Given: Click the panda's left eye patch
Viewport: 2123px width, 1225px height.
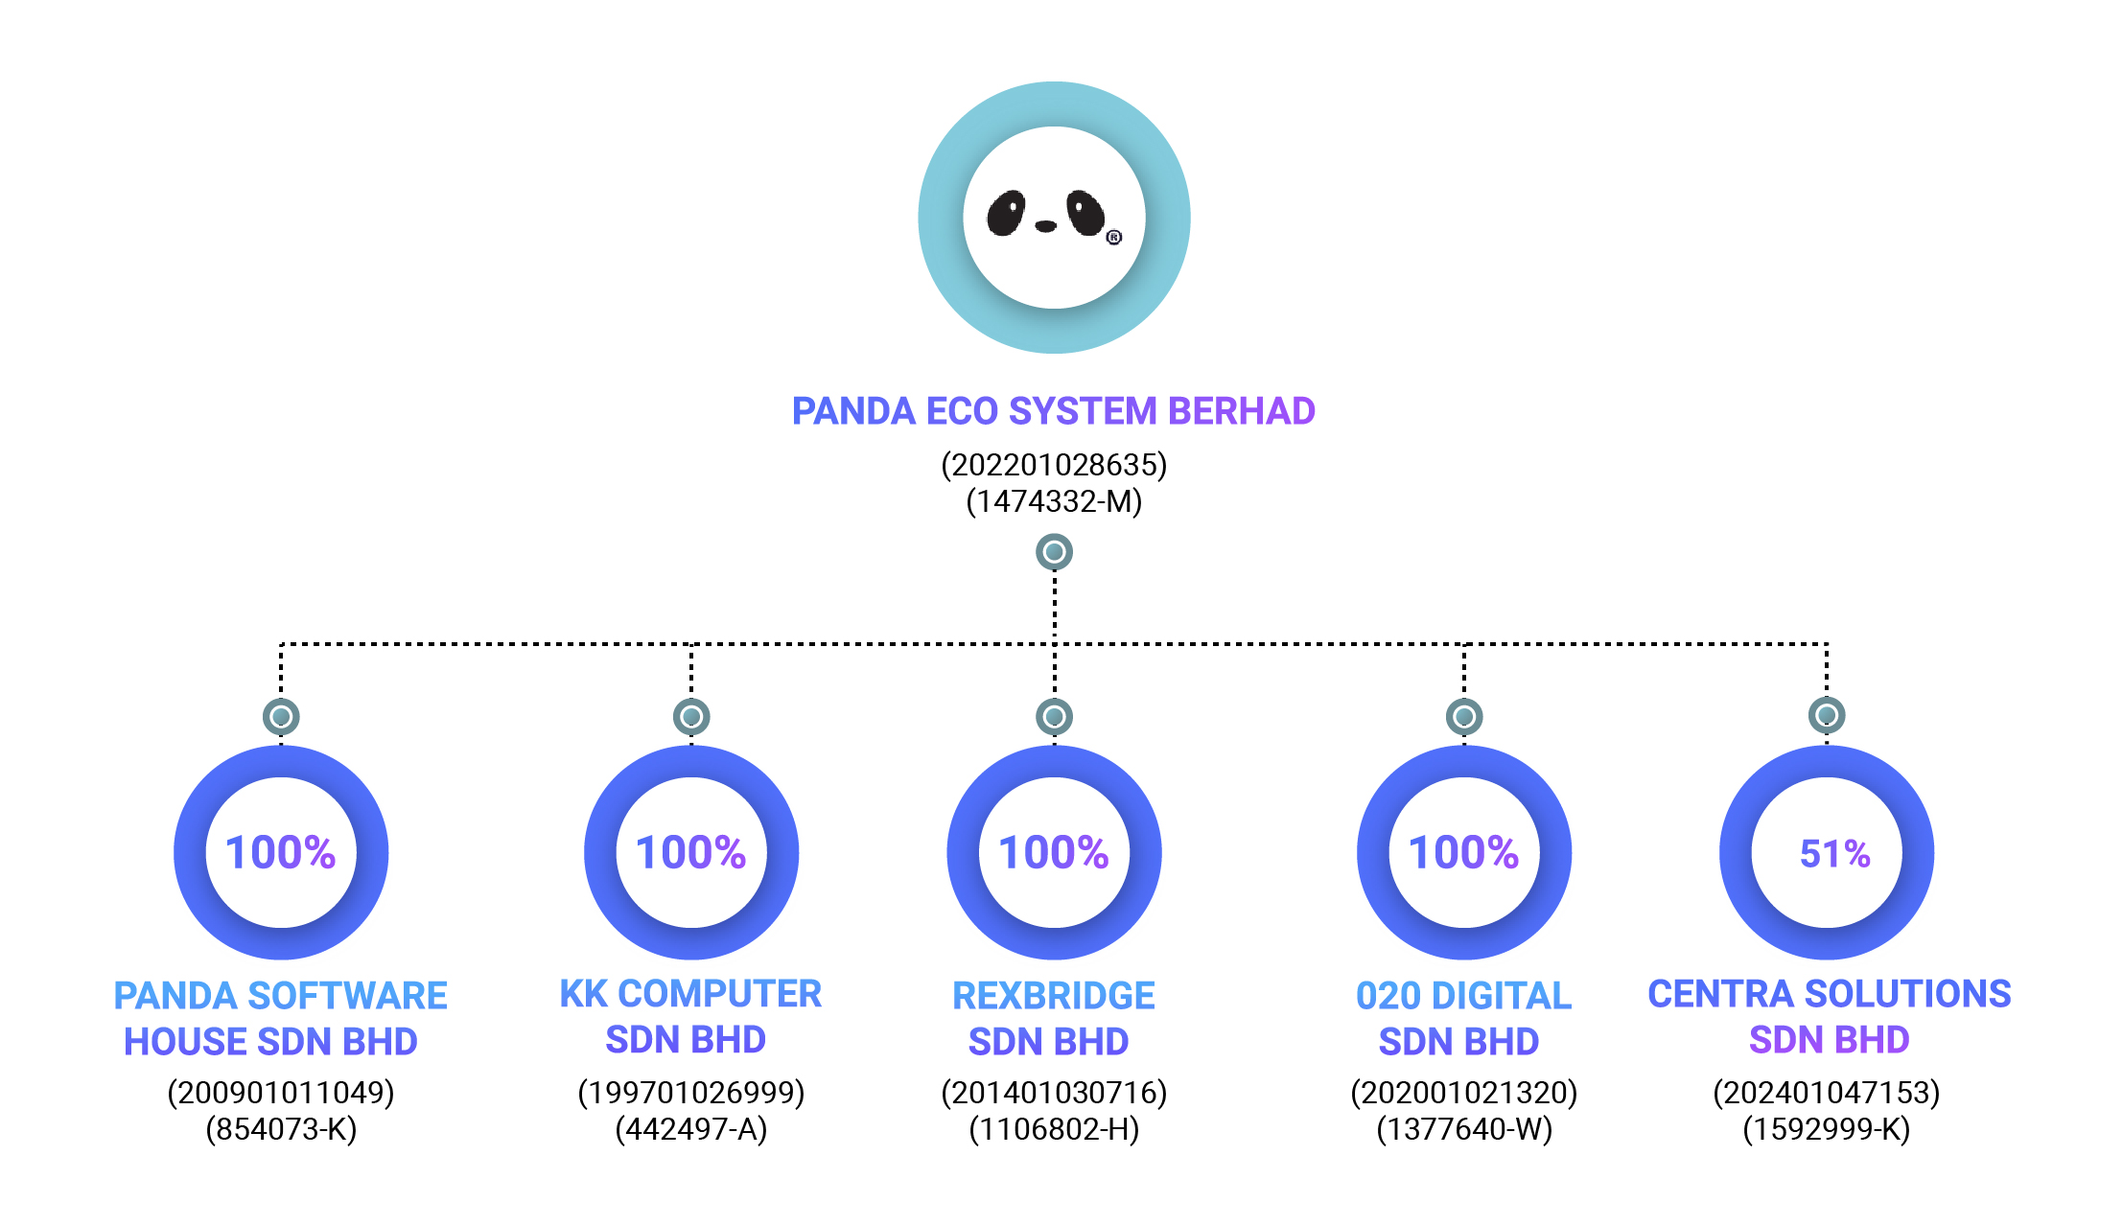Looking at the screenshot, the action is [1007, 213].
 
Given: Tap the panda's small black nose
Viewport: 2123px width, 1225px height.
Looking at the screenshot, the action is [1046, 226].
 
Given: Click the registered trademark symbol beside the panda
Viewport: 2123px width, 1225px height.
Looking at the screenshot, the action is [1113, 237].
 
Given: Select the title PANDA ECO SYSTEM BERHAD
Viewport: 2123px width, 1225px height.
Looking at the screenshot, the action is [1054, 411].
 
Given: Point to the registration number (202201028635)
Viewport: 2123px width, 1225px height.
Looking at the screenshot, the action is [1054, 465].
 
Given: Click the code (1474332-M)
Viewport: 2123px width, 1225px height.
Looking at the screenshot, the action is [1054, 501].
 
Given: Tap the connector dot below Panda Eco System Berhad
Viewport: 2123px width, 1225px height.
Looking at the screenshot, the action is [1054, 552].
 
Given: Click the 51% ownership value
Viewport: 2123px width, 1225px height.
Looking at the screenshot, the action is [1834, 853].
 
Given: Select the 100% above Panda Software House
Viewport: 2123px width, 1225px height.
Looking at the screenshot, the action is [280, 852].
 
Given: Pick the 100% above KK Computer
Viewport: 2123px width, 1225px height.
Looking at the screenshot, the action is [690, 852].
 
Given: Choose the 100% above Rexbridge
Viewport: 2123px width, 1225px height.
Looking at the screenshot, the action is [1054, 852].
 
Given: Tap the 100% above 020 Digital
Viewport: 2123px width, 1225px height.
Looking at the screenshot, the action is [1464, 852].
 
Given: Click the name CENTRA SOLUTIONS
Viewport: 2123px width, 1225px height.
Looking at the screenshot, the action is [1830, 994].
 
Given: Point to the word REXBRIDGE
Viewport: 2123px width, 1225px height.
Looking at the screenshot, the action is [1054, 996].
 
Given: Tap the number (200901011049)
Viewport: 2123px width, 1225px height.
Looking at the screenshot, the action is [281, 1093].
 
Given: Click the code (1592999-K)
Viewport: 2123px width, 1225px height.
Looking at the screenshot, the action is [1827, 1129].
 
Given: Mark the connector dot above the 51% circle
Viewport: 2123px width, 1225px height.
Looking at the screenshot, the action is [1827, 715].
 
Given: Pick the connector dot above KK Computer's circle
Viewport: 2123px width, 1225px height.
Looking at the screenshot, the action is [691, 717].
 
